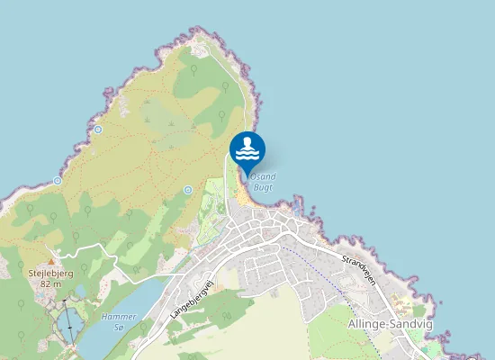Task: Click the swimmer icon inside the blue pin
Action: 247,147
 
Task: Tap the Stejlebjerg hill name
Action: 50,273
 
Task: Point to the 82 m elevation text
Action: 50,283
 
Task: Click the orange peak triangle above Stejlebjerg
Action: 50,261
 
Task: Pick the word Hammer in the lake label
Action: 118,317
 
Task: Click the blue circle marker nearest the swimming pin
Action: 187,190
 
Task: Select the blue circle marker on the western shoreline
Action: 57,180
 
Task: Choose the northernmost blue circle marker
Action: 97,130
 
